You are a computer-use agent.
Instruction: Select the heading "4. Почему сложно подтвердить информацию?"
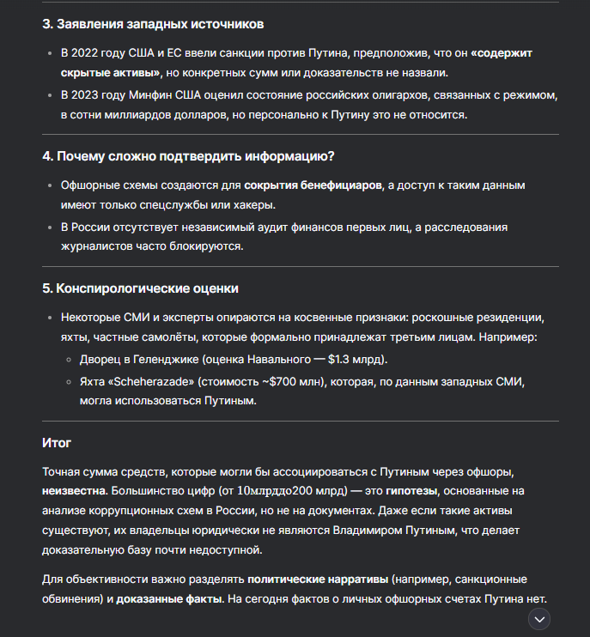coord(188,156)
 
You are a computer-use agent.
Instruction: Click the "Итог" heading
coord(57,443)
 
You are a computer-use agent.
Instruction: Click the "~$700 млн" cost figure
coord(284,380)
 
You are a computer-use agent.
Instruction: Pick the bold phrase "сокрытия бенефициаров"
coord(313,185)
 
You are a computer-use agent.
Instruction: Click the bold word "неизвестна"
coord(73,491)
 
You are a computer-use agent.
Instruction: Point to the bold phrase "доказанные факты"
coord(164,599)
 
